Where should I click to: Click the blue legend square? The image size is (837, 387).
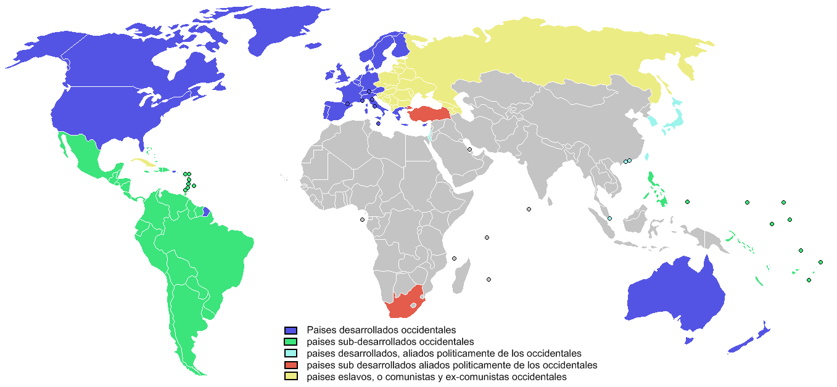(x=291, y=330)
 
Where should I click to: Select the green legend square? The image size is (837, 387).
(x=291, y=342)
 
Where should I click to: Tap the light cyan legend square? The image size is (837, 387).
(x=291, y=354)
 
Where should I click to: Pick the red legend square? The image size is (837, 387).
(x=291, y=365)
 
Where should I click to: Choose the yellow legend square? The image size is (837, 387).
(x=291, y=377)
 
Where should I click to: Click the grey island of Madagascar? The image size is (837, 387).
(x=461, y=276)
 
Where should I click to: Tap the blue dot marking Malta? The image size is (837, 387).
(x=378, y=124)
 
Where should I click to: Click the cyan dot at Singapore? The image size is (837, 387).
(x=609, y=219)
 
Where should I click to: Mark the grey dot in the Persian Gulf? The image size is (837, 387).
(x=469, y=150)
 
